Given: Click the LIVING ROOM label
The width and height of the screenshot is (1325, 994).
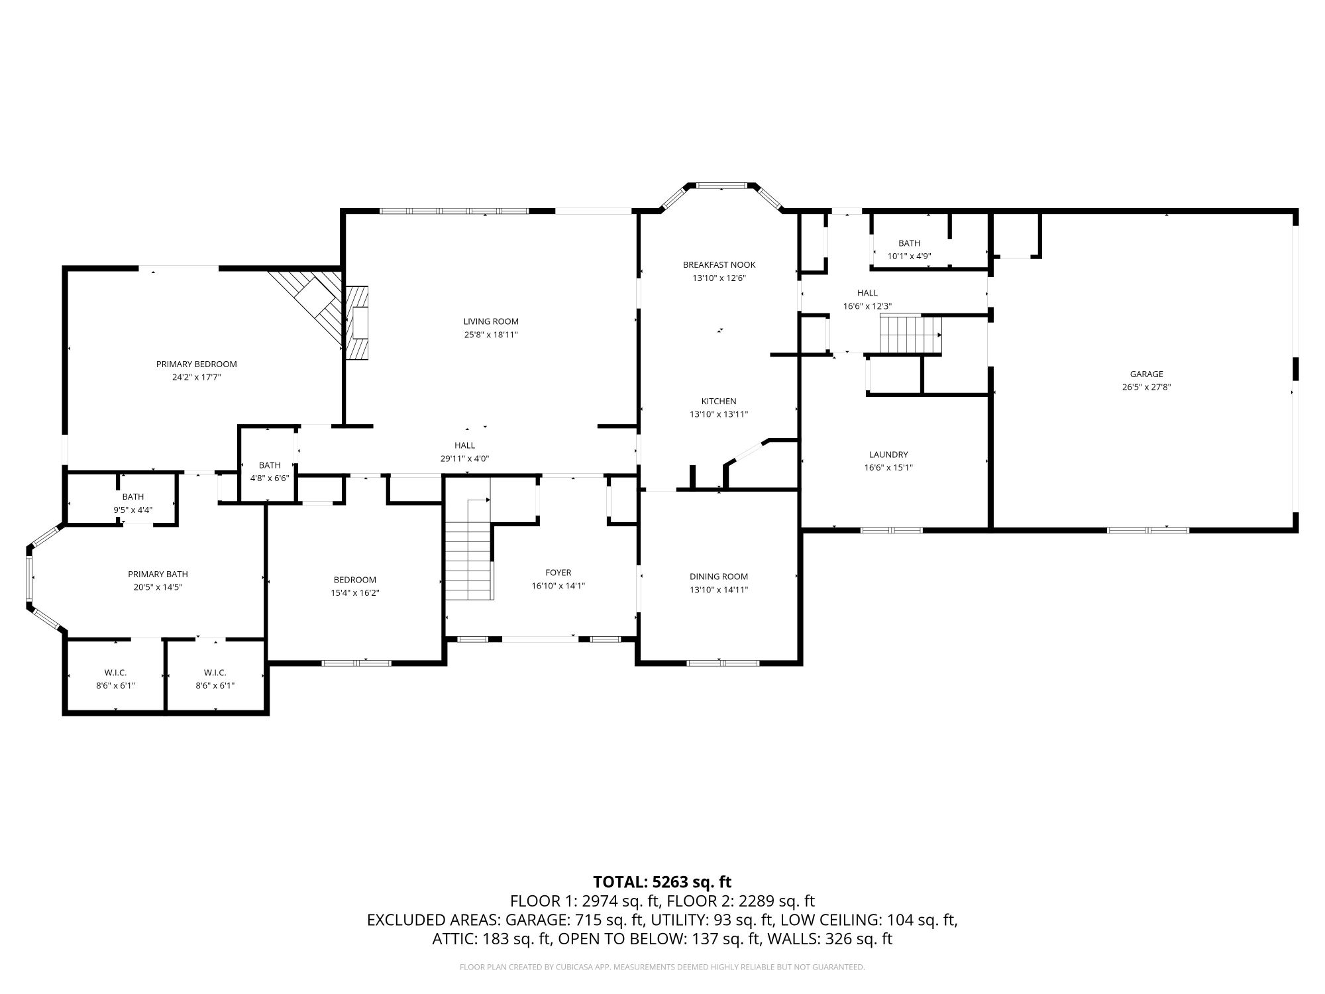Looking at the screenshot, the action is point(491,321).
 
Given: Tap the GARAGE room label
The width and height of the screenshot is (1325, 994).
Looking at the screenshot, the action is point(1147,374).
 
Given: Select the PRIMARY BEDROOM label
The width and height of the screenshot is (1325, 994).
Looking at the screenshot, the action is point(196,364).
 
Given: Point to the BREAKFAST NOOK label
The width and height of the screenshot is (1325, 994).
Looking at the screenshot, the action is point(719,264).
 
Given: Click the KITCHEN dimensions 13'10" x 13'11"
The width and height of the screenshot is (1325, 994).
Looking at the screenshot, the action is point(719,414).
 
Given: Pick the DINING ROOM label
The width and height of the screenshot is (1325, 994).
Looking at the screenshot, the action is point(719,577).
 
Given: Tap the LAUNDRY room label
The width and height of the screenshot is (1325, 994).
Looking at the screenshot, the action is point(888,455).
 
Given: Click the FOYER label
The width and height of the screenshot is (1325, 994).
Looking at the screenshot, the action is point(558,573).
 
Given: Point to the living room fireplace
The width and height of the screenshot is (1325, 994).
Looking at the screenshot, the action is point(356,323).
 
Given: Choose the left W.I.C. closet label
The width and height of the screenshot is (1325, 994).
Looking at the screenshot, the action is point(115,673).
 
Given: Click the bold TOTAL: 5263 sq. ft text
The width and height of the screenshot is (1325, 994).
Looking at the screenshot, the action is point(662,882).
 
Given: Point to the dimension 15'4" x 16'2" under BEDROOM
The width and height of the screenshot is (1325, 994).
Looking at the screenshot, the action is point(355,593).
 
